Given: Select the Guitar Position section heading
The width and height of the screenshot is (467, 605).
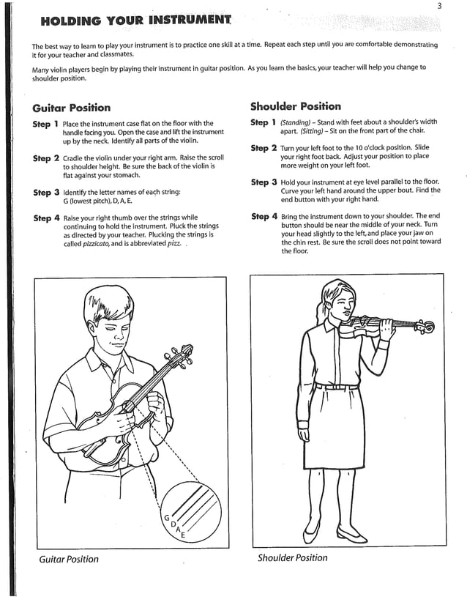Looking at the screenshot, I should pyautogui.click(x=72, y=108).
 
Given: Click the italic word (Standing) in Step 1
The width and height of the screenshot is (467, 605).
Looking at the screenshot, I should pyautogui.click(x=296, y=122).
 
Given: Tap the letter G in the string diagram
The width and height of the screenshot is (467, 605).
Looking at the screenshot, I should pyautogui.click(x=166, y=517).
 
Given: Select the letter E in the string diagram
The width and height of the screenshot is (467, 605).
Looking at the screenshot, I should pyautogui.click(x=182, y=538).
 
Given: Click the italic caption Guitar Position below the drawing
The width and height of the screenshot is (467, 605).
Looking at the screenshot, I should pyautogui.click(x=68, y=560).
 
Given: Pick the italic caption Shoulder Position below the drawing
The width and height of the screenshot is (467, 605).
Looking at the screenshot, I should pyautogui.click(x=292, y=558).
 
